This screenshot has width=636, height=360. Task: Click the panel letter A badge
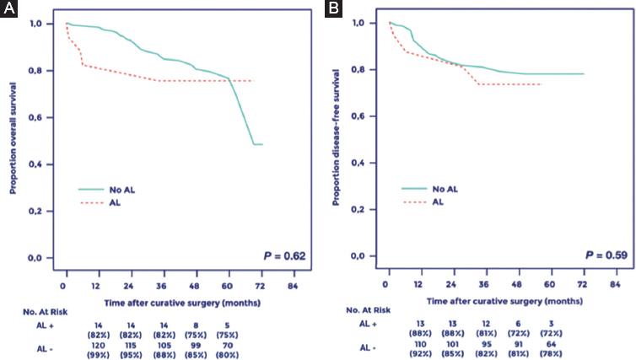click(8, 8)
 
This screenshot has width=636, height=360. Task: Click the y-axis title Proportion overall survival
click(13, 138)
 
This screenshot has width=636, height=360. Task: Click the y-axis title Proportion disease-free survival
click(337, 139)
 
